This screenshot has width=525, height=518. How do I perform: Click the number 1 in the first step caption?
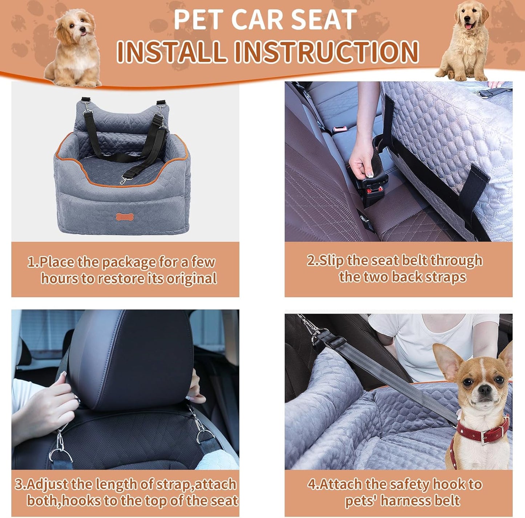coord(31,262)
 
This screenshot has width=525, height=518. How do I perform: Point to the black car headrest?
coord(131,356)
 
